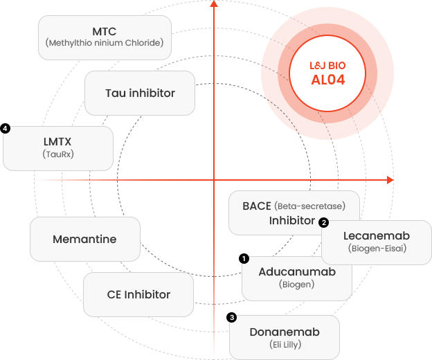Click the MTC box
(104, 37)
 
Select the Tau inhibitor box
(140, 93)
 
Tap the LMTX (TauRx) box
(58, 147)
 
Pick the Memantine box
(84, 239)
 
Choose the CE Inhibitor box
(138, 294)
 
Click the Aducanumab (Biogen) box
(297, 277)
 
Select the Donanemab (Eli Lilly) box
(285, 337)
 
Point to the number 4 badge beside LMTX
(6, 129)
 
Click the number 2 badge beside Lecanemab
(323, 222)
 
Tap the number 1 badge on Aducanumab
(244, 259)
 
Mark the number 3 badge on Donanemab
(233, 318)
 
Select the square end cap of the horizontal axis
(390, 180)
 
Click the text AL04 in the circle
(327, 80)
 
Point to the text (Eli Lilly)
(285, 344)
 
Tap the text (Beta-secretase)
(309, 206)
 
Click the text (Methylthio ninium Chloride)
(104, 43)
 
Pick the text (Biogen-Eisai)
(376, 248)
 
